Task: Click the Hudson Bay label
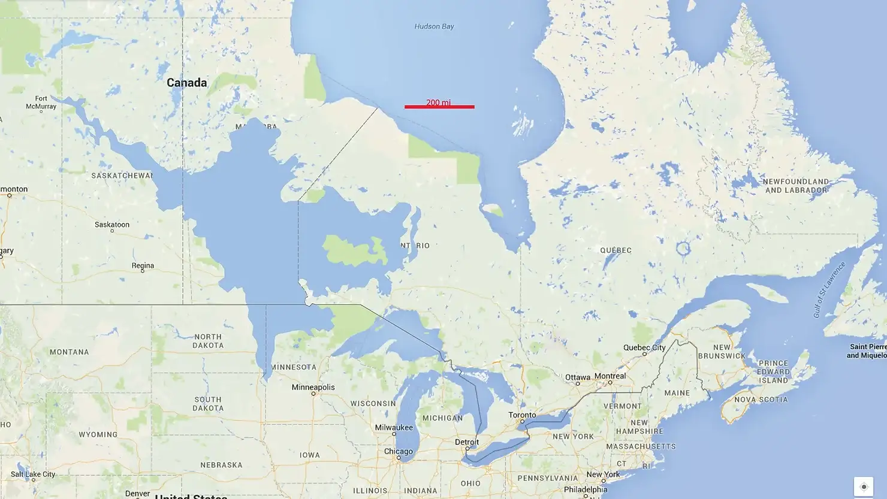(x=434, y=26)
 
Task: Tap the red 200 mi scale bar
(x=439, y=107)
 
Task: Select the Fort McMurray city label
(x=41, y=102)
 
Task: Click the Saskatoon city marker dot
(x=112, y=231)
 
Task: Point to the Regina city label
(x=143, y=265)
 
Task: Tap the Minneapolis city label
(x=313, y=387)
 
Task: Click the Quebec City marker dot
(x=644, y=354)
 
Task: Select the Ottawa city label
(x=577, y=377)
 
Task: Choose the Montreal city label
(x=610, y=376)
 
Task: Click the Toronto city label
(x=522, y=415)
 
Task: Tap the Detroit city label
(x=467, y=441)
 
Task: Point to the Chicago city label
(x=398, y=451)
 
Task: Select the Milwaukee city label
(x=394, y=427)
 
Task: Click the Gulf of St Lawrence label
(x=829, y=290)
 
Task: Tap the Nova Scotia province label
(x=761, y=399)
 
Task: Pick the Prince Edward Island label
(x=773, y=371)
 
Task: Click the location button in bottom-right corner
(x=864, y=486)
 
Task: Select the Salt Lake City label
(x=33, y=474)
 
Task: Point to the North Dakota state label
(x=208, y=341)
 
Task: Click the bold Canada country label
(x=186, y=83)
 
